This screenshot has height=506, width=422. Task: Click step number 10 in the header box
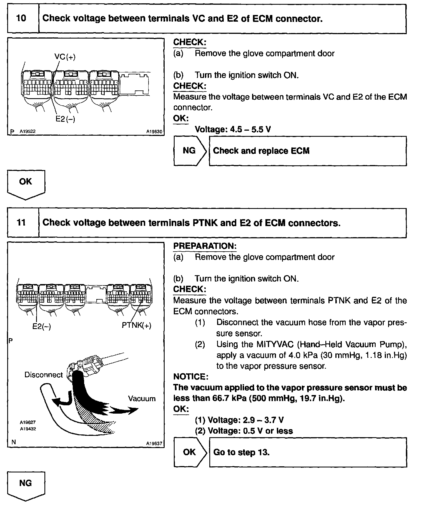(x=21, y=19)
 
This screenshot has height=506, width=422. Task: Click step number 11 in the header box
(x=21, y=222)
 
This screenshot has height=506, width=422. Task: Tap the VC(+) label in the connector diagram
(x=65, y=57)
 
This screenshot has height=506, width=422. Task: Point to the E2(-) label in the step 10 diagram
(x=65, y=119)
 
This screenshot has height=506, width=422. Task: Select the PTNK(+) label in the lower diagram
(x=137, y=325)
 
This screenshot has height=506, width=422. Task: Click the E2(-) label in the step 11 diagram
(x=42, y=326)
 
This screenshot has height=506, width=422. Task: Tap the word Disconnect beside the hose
(x=44, y=375)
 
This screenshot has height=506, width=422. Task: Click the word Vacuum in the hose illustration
(x=142, y=399)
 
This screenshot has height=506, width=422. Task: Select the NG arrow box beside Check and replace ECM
(x=190, y=151)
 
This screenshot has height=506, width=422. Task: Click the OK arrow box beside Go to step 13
(x=190, y=452)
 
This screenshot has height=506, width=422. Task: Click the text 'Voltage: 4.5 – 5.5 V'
(x=233, y=129)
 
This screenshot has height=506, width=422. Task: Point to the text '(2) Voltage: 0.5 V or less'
(x=244, y=431)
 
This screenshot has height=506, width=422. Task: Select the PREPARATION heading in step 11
(x=205, y=246)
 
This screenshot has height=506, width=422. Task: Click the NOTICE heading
(x=190, y=377)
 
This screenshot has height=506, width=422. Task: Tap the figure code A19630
(x=154, y=132)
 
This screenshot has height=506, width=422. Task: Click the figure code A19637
(x=154, y=444)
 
